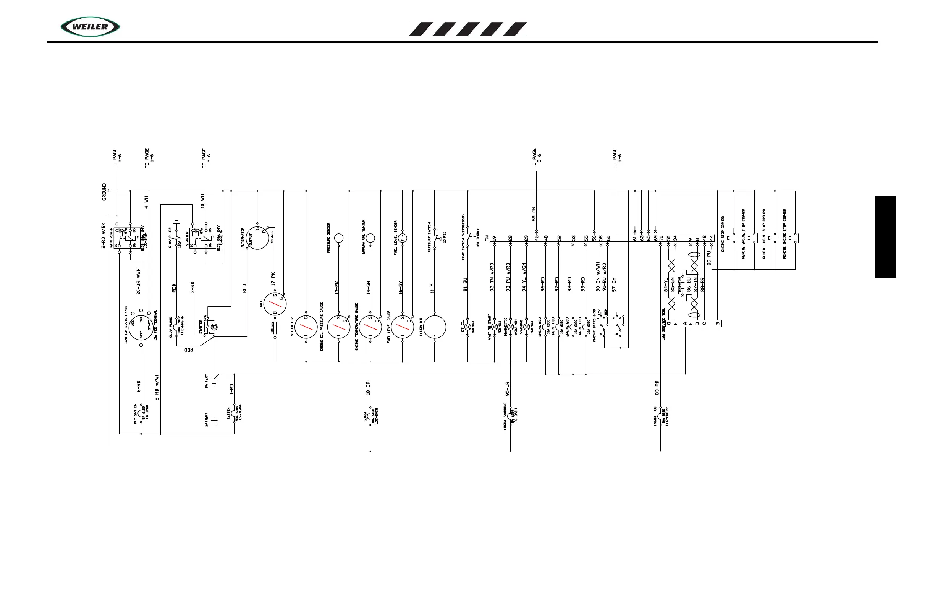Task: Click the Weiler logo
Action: pyautogui.click(x=90, y=27)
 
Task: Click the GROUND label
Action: pyautogui.click(x=104, y=192)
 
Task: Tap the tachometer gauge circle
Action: pyautogui.click(x=275, y=303)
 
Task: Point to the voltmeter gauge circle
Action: pyautogui.click(x=306, y=327)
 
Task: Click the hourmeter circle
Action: pyautogui.click(x=435, y=327)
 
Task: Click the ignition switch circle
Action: pyautogui.click(x=141, y=327)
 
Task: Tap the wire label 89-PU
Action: pyautogui.click(x=709, y=258)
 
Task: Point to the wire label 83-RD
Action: pyautogui.click(x=657, y=388)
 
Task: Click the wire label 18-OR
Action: pyautogui.click(x=369, y=388)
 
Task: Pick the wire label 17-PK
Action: pyautogui.click(x=273, y=279)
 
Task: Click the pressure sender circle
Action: pyautogui.click(x=339, y=238)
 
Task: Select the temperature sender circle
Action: pyautogui.click(x=370, y=238)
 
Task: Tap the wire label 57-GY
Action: pyautogui.click(x=614, y=285)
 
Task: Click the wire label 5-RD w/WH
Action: pyautogui.click(x=157, y=387)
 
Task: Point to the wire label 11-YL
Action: pyautogui.click(x=432, y=287)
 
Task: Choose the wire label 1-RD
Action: pyautogui.click(x=232, y=389)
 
